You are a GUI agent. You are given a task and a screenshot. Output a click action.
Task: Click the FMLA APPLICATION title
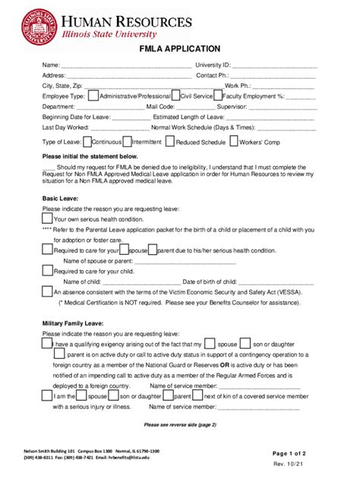coord(180,47)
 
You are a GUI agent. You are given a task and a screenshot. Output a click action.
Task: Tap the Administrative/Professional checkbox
coord(93,96)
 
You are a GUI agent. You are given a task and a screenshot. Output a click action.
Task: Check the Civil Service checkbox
coord(175,96)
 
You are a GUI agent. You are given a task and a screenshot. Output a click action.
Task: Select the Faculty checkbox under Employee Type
coord(218,96)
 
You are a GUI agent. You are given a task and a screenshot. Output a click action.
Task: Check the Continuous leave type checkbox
coord(87,141)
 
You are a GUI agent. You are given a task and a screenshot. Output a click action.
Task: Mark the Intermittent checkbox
coord(127,141)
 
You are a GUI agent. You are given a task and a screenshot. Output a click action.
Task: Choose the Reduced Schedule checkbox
coord(171,141)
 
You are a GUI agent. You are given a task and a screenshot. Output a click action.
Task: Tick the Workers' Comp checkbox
coord(235,141)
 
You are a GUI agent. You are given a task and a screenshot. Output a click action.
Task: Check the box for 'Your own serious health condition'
coord(47,219)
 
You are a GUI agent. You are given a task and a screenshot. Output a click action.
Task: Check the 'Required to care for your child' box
coord(47,269)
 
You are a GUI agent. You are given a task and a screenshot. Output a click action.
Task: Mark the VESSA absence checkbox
coord(47,290)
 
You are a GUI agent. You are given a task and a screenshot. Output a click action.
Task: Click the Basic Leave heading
coord(60,198)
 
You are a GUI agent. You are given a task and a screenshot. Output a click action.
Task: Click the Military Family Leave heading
coord(75,322)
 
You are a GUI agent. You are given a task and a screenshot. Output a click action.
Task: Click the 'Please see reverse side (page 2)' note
coord(180,424)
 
